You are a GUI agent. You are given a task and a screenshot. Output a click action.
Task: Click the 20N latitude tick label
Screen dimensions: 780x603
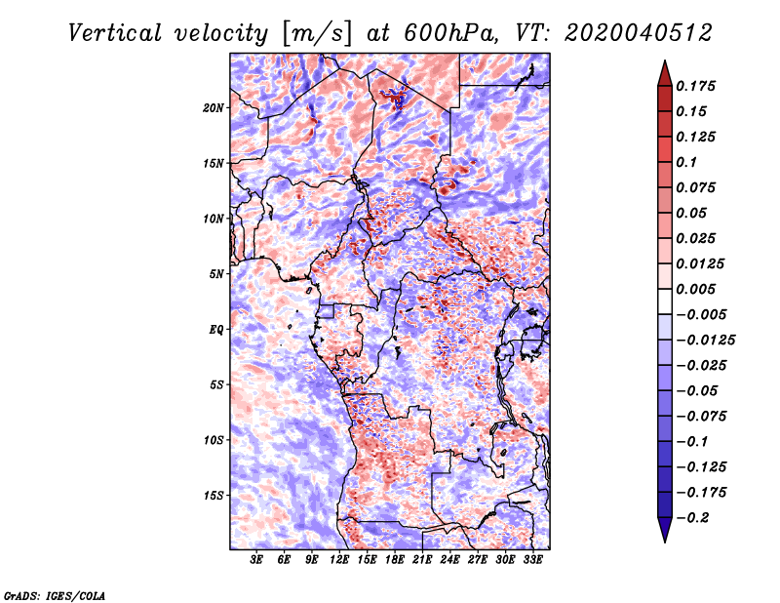tap(214, 108)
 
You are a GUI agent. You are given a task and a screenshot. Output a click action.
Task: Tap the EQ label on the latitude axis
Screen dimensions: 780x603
tap(215, 330)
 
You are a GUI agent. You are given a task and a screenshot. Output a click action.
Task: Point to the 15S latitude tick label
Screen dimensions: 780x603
tap(214, 496)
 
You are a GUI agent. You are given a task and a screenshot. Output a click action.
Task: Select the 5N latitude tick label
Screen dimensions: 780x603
tap(216, 274)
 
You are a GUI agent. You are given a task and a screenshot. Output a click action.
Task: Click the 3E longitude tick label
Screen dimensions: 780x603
tap(256, 560)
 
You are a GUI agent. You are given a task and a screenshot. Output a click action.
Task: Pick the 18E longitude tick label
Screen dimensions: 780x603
tap(395, 560)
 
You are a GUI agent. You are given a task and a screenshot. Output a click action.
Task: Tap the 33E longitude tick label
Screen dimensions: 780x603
tap(532, 560)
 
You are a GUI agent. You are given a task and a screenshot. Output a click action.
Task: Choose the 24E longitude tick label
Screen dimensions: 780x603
tap(449, 560)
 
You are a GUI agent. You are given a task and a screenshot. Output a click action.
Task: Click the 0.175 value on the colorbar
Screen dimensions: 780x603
tap(695, 86)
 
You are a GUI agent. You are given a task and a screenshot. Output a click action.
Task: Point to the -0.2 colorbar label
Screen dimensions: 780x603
tap(692, 518)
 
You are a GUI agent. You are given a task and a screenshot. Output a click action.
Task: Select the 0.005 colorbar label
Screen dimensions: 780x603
tap(695, 289)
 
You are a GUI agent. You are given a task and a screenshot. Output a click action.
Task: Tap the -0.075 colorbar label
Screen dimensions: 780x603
tap(701, 417)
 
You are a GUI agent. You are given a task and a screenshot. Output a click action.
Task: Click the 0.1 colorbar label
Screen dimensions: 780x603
tap(686, 162)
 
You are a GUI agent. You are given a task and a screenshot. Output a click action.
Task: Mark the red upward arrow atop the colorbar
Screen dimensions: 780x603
tap(665, 74)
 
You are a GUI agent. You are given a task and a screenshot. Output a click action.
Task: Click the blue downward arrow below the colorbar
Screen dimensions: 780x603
tap(665, 530)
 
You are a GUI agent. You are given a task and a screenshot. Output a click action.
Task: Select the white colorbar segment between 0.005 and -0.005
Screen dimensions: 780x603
tap(665, 301)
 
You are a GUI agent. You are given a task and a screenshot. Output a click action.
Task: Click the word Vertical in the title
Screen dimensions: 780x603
tap(115, 33)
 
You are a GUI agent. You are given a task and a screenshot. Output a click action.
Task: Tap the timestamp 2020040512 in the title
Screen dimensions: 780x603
tap(639, 33)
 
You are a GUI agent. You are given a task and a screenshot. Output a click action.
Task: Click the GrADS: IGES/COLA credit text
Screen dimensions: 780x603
tap(55, 596)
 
